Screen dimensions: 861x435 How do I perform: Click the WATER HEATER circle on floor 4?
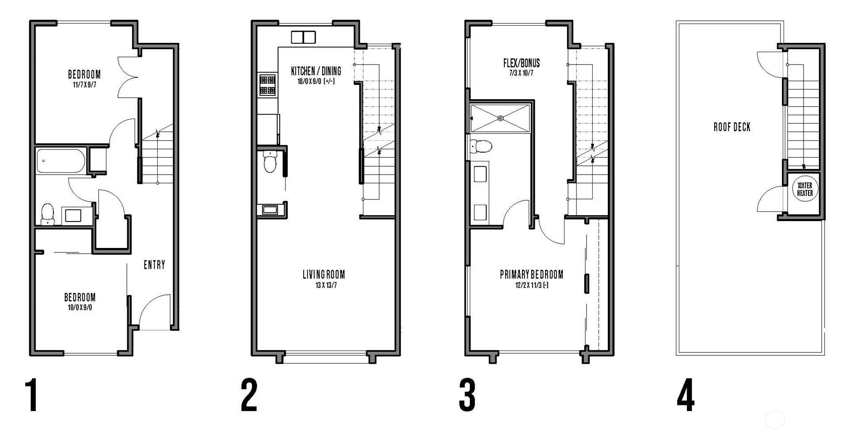pyautogui.click(x=804, y=189)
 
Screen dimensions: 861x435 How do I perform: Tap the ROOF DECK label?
pyautogui.click(x=732, y=127)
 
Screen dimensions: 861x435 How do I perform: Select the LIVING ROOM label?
pyautogui.click(x=324, y=275)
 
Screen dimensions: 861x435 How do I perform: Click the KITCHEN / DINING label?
pyautogui.click(x=316, y=71)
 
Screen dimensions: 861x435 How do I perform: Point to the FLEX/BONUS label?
pyautogui.click(x=522, y=63)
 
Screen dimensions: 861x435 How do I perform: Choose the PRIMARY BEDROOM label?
pyautogui.click(x=532, y=275)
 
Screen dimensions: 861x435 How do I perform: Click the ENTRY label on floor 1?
pyautogui.click(x=154, y=265)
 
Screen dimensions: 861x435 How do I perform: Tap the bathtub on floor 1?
pyautogui.click(x=61, y=161)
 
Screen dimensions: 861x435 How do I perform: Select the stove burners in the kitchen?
pyautogui.click(x=267, y=85)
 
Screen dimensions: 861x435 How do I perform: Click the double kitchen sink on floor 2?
pyautogui.click(x=303, y=37)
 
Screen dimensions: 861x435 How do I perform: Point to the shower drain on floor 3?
pyautogui.click(x=500, y=118)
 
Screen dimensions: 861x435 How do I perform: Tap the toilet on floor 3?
pyautogui.click(x=481, y=146)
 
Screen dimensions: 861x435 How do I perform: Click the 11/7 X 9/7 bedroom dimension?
pyautogui.click(x=84, y=84)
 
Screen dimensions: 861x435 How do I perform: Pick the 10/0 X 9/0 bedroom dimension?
pyautogui.click(x=80, y=308)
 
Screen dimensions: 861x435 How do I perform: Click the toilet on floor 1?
pyautogui.click(x=47, y=214)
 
